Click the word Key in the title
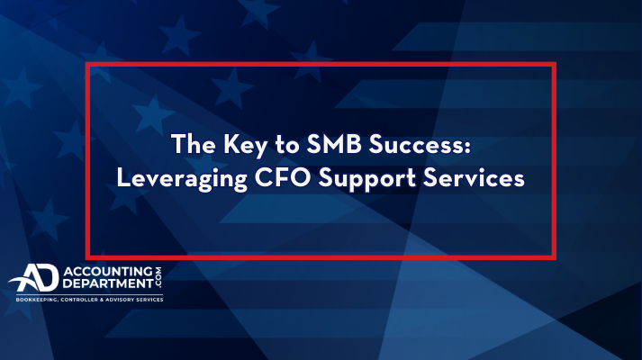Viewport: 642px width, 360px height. [x=245, y=145]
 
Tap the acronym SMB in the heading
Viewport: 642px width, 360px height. [x=334, y=144]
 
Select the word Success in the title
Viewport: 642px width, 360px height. [x=416, y=144]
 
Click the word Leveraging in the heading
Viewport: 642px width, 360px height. [x=182, y=179]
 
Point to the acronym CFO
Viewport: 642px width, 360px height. [x=283, y=178]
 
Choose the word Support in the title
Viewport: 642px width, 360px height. [x=366, y=179]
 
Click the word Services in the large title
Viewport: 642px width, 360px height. [x=474, y=178]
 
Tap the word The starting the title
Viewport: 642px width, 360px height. [x=194, y=144]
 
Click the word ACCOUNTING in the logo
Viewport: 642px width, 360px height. [x=108, y=272]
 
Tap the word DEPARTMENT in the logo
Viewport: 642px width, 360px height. [x=108, y=283]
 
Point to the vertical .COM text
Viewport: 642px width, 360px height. [x=158, y=277]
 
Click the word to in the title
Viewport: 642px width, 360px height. [x=287, y=145]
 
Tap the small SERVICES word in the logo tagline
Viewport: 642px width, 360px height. [x=149, y=300]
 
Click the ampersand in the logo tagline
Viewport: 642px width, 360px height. [x=102, y=300]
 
